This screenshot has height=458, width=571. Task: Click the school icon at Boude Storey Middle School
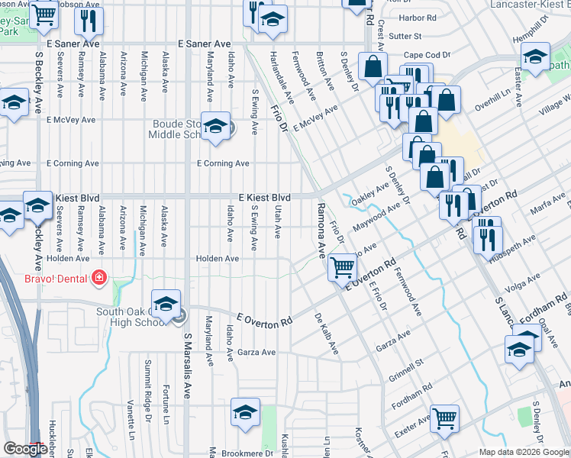tap(215, 126)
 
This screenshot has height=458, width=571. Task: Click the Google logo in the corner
tap(25, 450)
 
